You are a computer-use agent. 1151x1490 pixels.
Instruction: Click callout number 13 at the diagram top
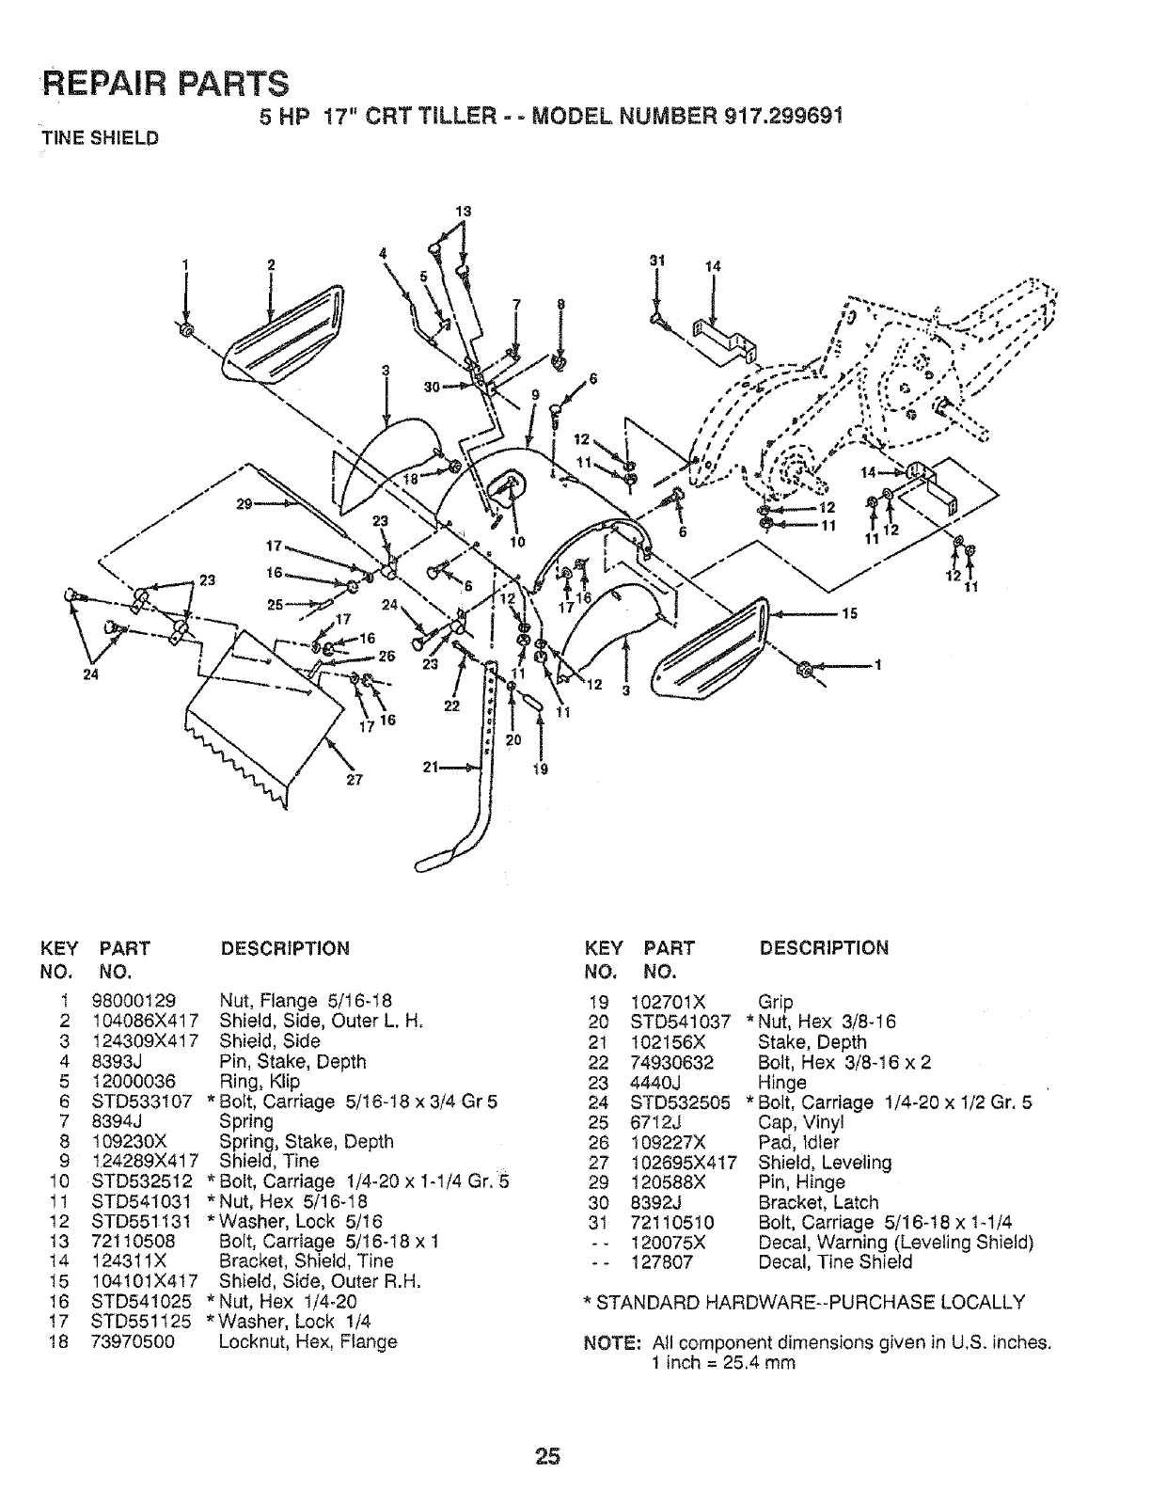tap(462, 211)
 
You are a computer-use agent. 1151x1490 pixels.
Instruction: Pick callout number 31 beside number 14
tap(656, 263)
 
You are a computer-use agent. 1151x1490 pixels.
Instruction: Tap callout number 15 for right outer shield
tap(850, 614)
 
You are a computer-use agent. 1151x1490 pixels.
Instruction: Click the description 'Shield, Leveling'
tap(824, 1163)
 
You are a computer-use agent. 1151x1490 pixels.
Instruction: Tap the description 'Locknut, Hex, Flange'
tap(307, 1341)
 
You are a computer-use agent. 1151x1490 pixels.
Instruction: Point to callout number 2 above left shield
tap(270, 264)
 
